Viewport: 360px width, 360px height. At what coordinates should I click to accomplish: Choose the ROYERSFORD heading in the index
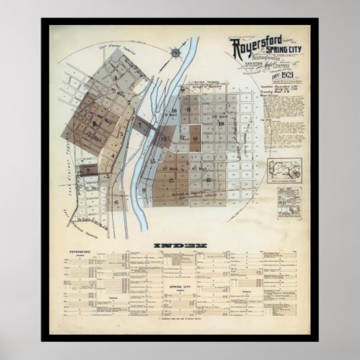(x=80, y=252)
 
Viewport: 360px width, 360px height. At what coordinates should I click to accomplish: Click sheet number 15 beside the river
(x=165, y=139)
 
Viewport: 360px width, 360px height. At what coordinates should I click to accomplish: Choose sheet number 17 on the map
(x=171, y=181)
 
